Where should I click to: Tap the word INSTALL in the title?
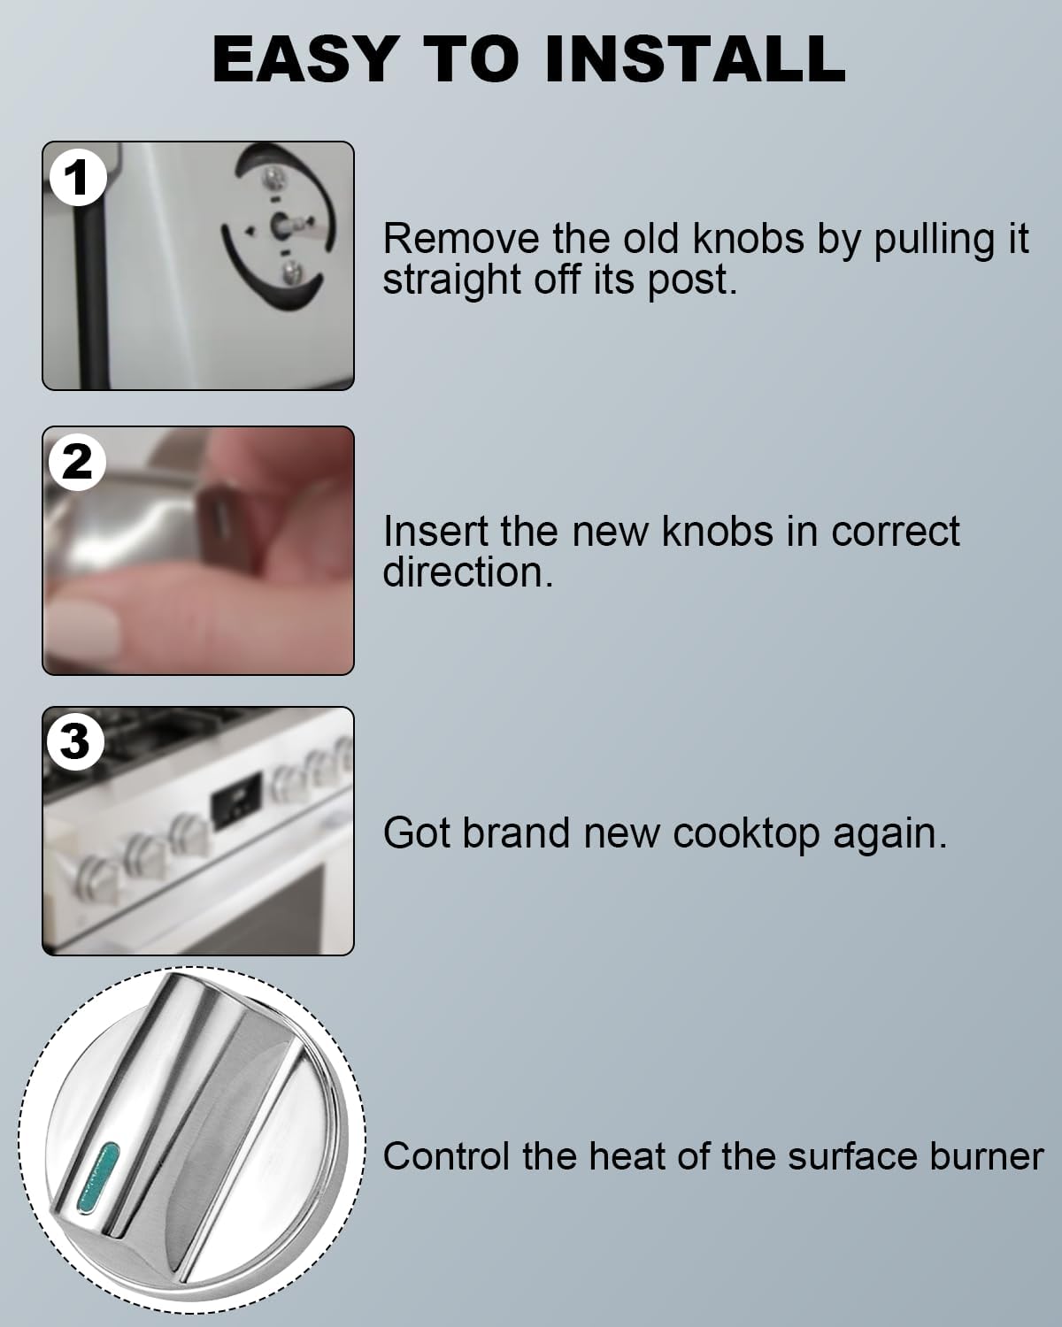(x=694, y=59)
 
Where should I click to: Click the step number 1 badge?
(x=77, y=178)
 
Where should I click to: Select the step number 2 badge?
(x=77, y=462)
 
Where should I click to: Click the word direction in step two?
(x=466, y=572)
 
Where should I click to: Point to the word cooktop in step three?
(x=746, y=834)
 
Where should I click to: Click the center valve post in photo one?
(x=281, y=226)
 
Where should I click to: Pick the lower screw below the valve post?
(x=288, y=272)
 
